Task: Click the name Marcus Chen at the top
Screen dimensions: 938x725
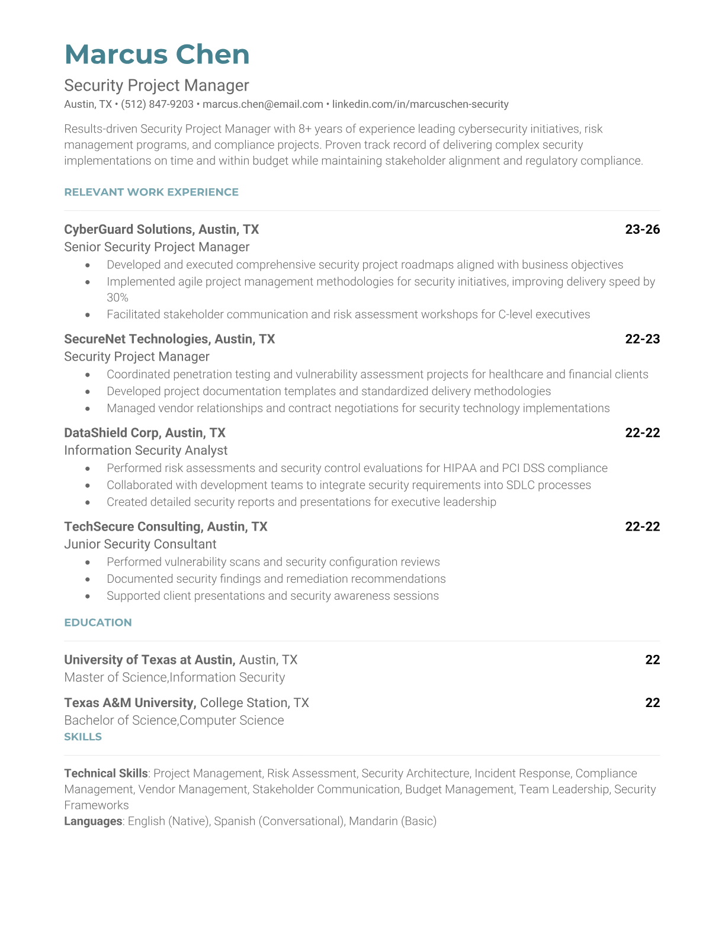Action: (157, 54)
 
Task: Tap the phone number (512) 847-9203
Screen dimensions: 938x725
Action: (157, 104)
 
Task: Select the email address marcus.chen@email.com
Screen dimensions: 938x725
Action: (263, 104)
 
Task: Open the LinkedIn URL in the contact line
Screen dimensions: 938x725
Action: (420, 104)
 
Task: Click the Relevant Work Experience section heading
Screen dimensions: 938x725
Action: (151, 192)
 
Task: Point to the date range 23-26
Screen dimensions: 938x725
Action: (642, 229)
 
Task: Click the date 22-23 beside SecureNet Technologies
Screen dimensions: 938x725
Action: (642, 339)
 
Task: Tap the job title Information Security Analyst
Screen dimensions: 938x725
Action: (146, 450)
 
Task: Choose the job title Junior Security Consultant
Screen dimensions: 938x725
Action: (140, 544)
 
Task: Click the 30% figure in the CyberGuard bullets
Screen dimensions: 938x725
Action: (117, 297)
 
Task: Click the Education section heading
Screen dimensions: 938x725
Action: (98, 622)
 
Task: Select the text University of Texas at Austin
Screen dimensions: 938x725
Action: (149, 660)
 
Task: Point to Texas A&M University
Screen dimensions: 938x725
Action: (129, 702)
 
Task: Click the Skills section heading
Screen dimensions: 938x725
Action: (83, 737)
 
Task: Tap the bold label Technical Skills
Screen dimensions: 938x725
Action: (105, 773)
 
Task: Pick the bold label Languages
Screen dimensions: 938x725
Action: (93, 821)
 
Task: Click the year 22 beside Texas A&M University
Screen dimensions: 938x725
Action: (652, 702)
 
